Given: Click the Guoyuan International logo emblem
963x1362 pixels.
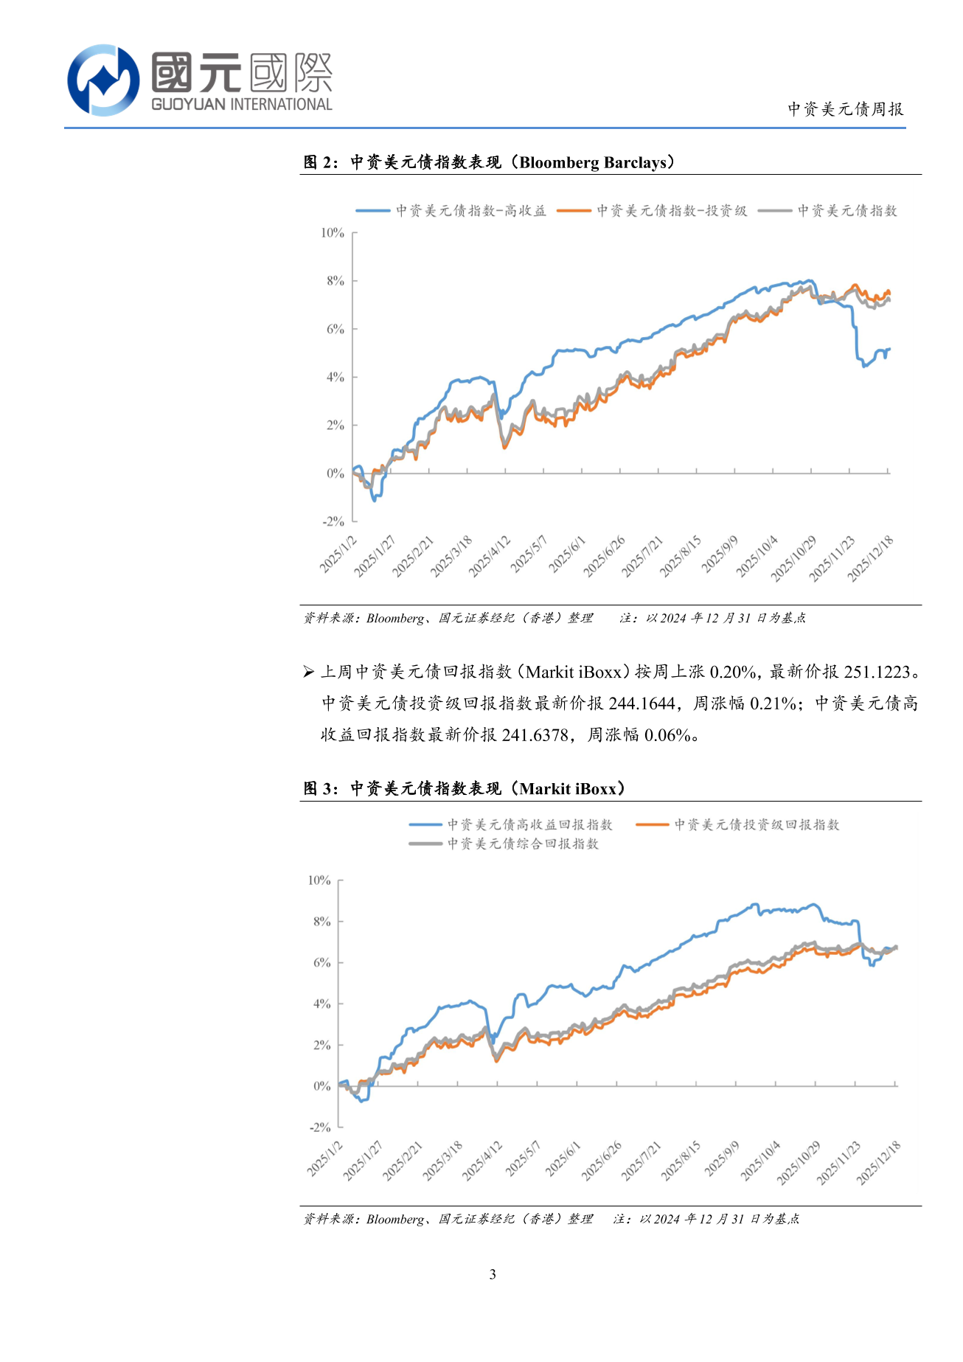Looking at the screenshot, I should click(103, 80).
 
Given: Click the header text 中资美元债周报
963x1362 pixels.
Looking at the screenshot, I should click(845, 109).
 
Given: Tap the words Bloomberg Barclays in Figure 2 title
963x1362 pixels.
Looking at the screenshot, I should click(596, 162).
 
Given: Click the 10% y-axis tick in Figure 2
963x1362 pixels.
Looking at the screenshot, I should click(333, 233).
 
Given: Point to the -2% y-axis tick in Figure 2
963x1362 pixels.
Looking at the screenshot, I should click(333, 521).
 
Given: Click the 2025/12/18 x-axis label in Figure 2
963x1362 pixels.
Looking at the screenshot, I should click(871, 559).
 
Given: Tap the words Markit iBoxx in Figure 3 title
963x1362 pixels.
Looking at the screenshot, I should click(568, 789).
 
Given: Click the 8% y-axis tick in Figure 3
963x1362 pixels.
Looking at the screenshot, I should click(321, 922).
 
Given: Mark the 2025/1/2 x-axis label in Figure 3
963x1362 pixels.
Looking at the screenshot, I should click(325, 1158).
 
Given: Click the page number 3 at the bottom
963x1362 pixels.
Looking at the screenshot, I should click(493, 1274).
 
